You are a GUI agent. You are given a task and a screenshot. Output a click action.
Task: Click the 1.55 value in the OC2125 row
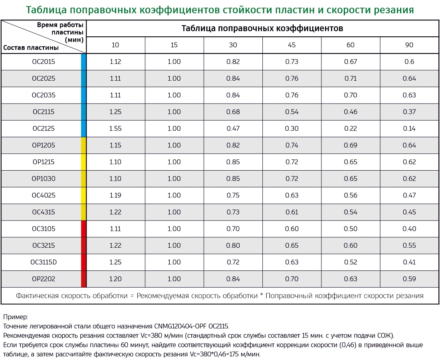point(115,129)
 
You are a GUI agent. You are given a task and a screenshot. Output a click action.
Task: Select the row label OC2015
point(44,62)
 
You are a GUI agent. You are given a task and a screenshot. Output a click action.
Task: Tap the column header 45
point(291,45)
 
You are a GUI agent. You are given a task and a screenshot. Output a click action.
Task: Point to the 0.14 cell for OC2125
point(409,129)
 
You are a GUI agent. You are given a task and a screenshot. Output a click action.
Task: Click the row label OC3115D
point(44,262)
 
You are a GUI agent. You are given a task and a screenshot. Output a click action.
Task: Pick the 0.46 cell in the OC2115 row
point(351,112)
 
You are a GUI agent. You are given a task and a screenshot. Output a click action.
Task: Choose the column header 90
point(409,45)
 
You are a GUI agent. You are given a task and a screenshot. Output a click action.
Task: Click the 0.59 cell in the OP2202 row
point(409,279)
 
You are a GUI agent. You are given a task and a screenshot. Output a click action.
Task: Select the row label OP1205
point(44,145)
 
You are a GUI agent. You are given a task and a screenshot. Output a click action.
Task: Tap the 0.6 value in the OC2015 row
point(409,62)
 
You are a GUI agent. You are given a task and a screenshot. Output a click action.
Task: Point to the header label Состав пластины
point(31,48)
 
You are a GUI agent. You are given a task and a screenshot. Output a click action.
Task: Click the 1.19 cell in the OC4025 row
point(115,195)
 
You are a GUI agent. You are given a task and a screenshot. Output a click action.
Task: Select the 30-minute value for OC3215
point(233,245)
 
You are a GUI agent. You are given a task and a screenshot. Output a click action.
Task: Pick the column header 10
point(115,45)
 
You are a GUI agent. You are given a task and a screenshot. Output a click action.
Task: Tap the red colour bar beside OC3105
point(84,229)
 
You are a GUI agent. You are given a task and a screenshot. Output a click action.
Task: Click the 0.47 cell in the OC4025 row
point(409,195)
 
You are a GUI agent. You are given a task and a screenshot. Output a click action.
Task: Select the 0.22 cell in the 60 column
point(351,129)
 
